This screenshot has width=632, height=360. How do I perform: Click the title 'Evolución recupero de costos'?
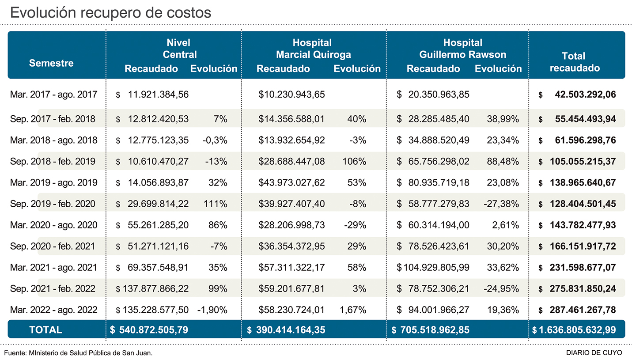pos(110,12)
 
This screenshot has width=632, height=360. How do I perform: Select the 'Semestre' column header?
pos(51,63)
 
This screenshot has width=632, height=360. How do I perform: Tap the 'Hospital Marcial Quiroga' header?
pos(313,49)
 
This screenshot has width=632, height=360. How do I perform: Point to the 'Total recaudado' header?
pos(574,62)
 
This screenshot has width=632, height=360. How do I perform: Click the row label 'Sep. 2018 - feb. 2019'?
pos(53,162)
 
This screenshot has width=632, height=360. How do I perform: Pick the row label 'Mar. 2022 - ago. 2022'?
pos(54,310)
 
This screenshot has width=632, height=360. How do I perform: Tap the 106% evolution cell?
pos(354,162)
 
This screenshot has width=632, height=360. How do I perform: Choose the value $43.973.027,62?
pos(292,183)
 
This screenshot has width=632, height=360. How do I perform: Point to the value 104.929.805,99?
pos(436,267)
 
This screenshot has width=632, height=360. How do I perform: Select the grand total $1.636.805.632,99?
pos(577,330)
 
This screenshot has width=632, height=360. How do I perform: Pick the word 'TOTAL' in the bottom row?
pos(45,330)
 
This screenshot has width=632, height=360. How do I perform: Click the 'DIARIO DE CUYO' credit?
pos(594,352)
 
